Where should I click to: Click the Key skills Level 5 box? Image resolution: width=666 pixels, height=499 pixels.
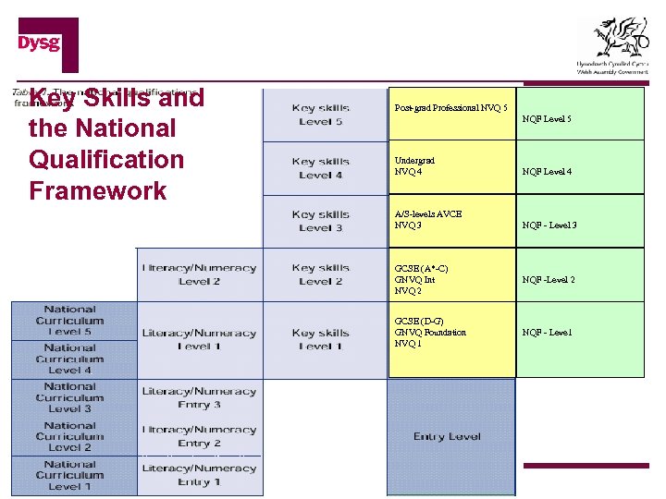click(321, 115)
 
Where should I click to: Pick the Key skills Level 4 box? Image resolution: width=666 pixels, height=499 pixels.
click(321, 168)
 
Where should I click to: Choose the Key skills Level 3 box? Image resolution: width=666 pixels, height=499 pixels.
click(321, 221)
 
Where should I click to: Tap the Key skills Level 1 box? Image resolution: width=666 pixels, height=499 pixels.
click(321, 339)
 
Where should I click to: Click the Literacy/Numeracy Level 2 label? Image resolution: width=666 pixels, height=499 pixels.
click(199, 274)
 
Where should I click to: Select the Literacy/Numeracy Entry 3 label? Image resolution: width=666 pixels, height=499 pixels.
click(199, 398)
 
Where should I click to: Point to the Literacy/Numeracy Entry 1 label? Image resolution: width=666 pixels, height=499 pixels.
click(199, 475)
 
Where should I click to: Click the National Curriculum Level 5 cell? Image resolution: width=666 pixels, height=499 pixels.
click(70, 321)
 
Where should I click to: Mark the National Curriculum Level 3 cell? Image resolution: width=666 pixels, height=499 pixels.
click(70, 397)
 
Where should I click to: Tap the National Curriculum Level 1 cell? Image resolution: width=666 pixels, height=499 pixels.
click(70, 475)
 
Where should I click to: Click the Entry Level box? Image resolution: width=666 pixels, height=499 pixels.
click(447, 436)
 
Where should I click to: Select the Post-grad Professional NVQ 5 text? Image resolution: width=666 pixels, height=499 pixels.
click(450, 108)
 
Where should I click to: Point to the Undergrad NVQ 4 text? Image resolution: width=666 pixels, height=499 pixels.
click(414, 165)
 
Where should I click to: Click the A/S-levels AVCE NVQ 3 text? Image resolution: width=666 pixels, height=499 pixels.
click(427, 219)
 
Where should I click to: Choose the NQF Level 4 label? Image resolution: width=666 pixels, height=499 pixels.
click(547, 172)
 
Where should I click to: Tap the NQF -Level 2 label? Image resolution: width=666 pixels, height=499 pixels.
click(549, 280)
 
